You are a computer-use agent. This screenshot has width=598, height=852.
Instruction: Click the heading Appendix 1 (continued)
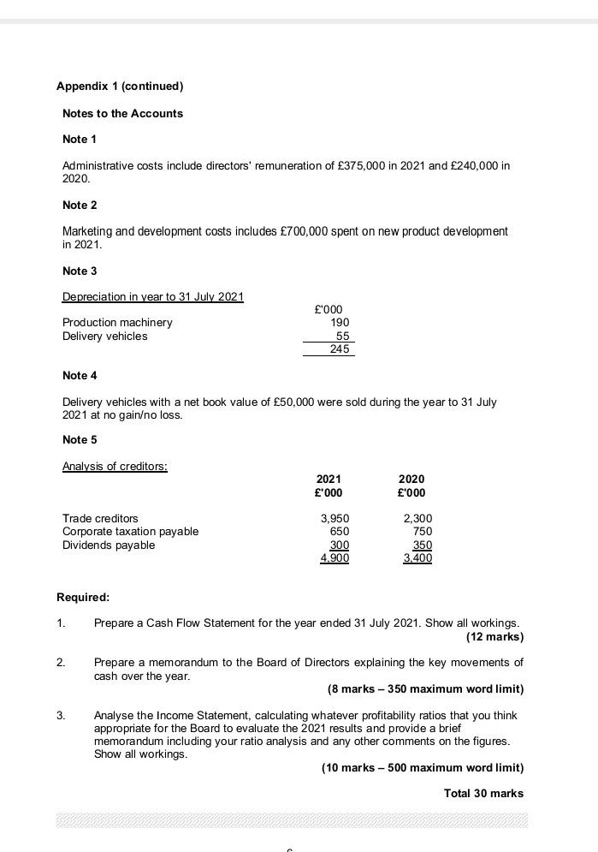(x=120, y=86)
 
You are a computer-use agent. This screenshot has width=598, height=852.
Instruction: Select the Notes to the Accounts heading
(x=122, y=113)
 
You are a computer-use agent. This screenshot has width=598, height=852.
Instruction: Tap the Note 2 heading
(x=80, y=205)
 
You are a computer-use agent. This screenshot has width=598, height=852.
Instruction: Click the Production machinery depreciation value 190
(x=340, y=323)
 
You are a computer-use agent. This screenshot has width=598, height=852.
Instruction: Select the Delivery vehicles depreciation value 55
(x=342, y=337)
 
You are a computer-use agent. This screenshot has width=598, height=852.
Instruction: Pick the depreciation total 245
(x=340, y=349)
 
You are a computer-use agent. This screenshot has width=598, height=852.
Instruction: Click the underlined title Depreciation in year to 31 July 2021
(x=153, y=297)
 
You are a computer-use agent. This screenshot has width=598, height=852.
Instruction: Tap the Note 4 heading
(x=80, y=375)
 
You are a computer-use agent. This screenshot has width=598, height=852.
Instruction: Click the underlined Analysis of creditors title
(x=115, y=467)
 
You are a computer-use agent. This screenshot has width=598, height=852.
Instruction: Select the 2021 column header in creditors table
(x=329, y=480)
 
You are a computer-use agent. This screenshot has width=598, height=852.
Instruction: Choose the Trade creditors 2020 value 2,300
(x=417, y=519)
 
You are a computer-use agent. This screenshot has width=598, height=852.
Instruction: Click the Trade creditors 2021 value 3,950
(x=335, y=519)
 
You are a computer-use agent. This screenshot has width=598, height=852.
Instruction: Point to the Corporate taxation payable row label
(x=130, y=532)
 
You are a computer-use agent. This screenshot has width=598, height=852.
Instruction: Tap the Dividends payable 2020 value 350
(x=422, y=545)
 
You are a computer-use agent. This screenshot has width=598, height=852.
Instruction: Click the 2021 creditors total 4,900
(x=335, y=558)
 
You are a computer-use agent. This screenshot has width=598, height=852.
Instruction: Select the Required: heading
(x=83, y=597)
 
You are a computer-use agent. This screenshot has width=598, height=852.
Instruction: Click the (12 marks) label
(x=494, y=636)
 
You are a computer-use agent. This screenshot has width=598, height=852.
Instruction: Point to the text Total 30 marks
(x=483, y=793)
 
